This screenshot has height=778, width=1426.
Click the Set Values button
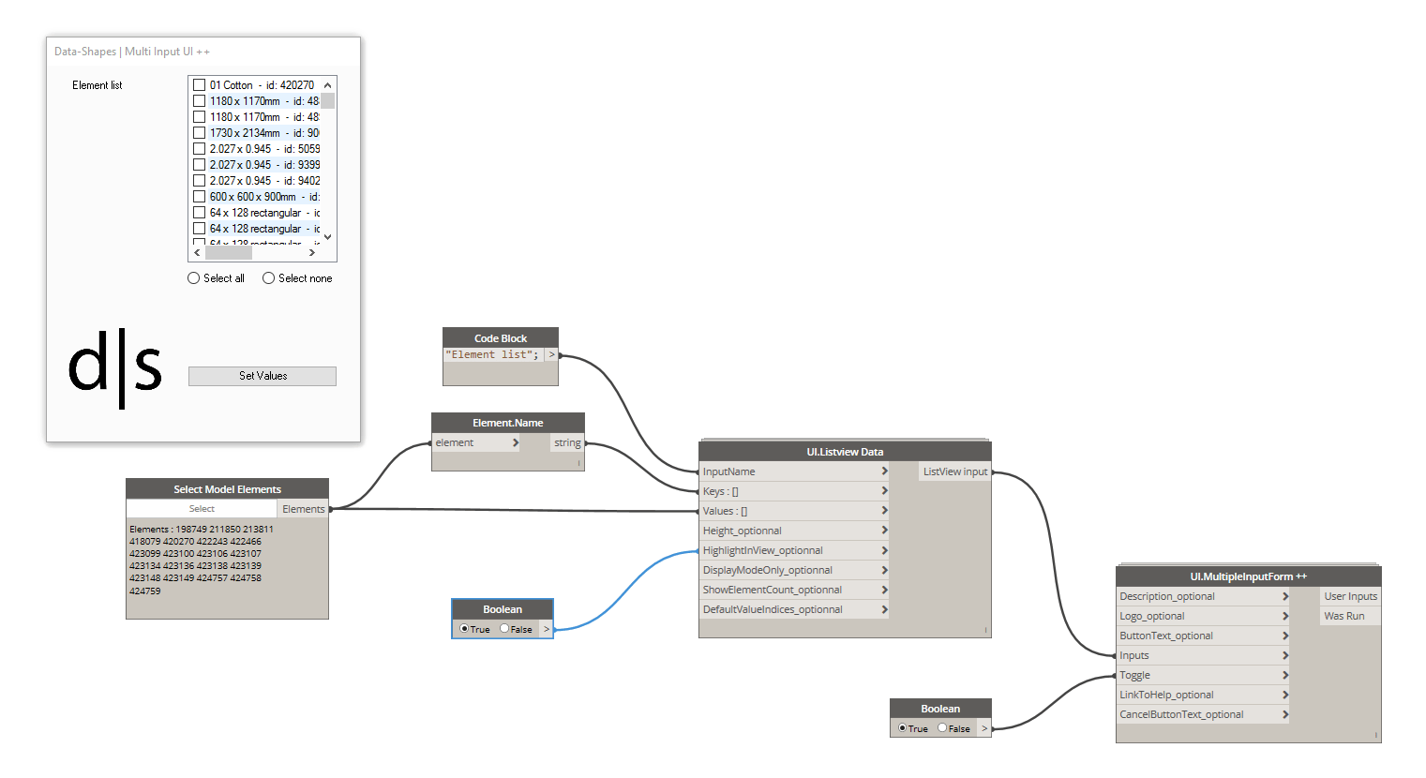(x=263, y=376)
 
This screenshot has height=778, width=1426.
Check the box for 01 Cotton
(x=199, y=85)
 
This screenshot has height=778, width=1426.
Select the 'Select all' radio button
(x=194, y=278)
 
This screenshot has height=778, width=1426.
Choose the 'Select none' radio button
(x=269, y=278)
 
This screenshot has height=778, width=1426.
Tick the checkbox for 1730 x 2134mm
(x=199, y=133)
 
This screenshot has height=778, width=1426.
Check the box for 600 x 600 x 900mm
(x=199, y=197)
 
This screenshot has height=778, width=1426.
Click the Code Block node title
(x=501, y=338)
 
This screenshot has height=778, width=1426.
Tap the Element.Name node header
(x=507, y=423)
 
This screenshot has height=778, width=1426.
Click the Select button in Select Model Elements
(x=202, y=509)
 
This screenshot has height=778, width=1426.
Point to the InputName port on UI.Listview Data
(x=728, y=471)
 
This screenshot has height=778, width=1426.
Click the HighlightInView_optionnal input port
(x=762, y=550)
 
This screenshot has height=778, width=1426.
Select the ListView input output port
(x=954, y=471)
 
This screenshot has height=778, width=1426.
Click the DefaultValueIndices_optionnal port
(x=773, y=609)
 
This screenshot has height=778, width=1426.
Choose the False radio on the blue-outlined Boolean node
(x=504, y=629)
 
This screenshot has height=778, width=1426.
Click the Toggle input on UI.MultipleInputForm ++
(x=1134, y=675)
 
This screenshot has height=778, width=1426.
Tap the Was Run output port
(x=1343, y=616)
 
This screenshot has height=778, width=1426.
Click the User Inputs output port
(x=1350, y=596)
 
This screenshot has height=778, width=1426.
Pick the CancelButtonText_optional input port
(x=1181, y=714)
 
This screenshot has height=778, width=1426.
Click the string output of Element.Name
(x=567, y=442)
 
